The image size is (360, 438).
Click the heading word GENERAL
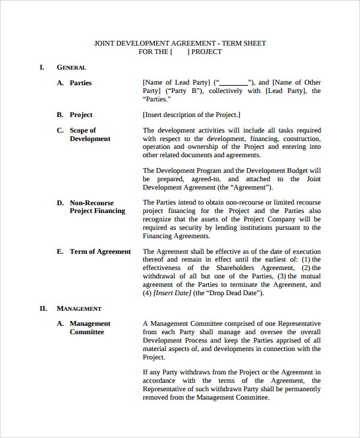(x=71, y=68)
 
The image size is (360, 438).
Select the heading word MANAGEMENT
(x=79, y=308)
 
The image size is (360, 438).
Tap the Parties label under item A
(x=80, y=83)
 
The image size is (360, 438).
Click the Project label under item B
(x=81, y=115)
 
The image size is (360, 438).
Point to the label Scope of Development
(x=90, y=134)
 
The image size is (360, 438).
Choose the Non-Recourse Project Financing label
(x=97, y=207)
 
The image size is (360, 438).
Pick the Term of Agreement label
(x=100, y=251)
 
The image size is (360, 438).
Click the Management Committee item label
(x=90, y=328)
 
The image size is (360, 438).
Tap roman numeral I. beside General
(x=42, y=67)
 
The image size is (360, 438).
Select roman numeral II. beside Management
(x=43, y=308)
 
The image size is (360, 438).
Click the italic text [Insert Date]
(x=172, y=293)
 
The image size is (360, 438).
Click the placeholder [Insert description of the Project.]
(x=191, y=115)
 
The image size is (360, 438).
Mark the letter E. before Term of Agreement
(x=60, y=251)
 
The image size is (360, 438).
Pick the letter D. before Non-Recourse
(x=60, y=203)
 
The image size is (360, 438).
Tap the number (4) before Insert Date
(x=147, y=293)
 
